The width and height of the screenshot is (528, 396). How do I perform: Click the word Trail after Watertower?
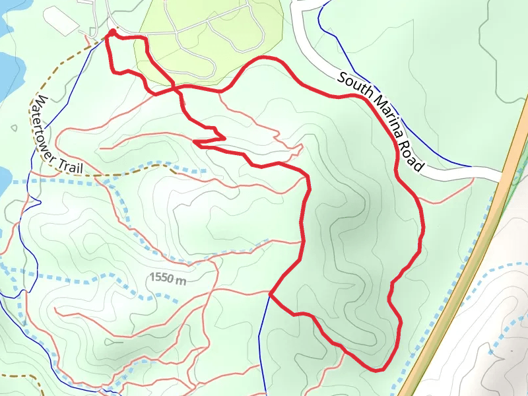69,166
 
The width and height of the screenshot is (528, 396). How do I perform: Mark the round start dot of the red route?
112,32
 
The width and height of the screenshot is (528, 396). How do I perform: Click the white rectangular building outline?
62,22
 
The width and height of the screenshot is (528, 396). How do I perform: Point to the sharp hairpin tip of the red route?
195,141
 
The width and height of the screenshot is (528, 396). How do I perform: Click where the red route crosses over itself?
174,87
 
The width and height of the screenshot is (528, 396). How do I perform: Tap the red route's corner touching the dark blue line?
271,292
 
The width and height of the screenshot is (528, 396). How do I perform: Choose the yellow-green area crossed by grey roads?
211,33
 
